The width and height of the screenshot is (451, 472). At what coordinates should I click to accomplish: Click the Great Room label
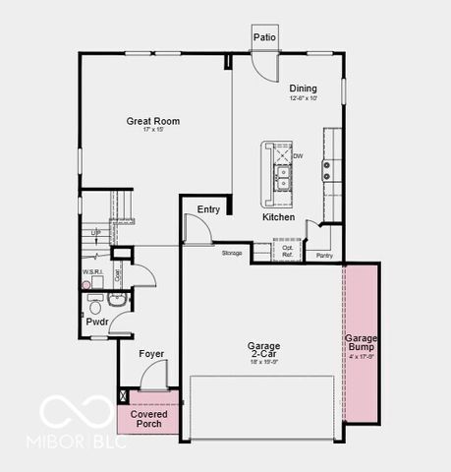click(x=152, y=122)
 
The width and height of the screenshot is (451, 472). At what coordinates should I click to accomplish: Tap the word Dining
click(x=303, y=88)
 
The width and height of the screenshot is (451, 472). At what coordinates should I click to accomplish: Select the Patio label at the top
click(x=264, y=37)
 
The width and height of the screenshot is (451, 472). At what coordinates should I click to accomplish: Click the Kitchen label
click(x=278, y=216)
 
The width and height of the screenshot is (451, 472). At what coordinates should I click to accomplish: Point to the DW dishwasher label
click(x=298, y=155)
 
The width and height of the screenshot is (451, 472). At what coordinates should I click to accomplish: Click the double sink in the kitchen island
click(x=283, y=176)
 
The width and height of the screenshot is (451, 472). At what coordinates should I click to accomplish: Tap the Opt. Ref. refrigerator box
click(x=287, y=251)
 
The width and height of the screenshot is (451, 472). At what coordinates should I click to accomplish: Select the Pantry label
click(x=323, y=256)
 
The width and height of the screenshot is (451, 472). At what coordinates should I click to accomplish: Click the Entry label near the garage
click(x=208, y=209)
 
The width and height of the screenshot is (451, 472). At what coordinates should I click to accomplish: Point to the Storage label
click(x=232, y=254)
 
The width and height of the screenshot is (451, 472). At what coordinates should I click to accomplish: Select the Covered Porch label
click(x=148, y=419)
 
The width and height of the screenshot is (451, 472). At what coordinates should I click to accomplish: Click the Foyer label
click(x=150, y=354)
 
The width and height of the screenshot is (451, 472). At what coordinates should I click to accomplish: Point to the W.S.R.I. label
click(x=93, y=272)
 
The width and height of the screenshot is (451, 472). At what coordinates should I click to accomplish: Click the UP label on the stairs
click(x=95, y=233)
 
